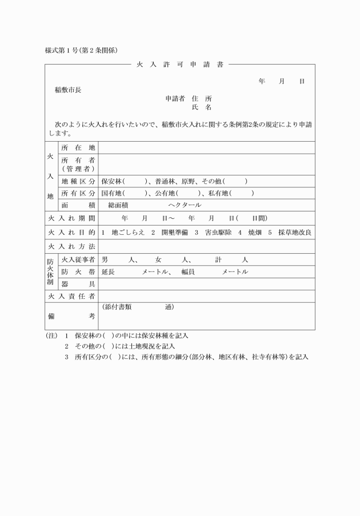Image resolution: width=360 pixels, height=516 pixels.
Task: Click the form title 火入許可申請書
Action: (179, 65)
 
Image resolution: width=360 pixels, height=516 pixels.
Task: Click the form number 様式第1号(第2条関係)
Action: (81, 50)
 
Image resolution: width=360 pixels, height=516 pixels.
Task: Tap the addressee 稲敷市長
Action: (68, 90)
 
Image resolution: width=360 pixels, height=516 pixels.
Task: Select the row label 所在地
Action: (78, 148)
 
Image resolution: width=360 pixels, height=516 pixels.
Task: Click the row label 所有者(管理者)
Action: (78, 165)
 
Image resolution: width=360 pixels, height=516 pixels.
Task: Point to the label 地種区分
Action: (78, 182)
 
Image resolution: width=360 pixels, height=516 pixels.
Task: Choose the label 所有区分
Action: (78, 193)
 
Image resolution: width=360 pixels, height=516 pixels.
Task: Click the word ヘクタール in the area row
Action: (185, 205)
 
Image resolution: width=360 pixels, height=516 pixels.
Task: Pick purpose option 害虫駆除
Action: (209, 233)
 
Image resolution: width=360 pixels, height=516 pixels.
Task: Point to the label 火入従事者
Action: (78, 260)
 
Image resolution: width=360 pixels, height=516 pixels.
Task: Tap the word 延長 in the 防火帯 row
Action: (108, 272)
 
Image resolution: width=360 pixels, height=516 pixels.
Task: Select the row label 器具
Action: (78, 284)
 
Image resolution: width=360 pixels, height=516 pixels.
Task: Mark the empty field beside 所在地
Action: (206, 148)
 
